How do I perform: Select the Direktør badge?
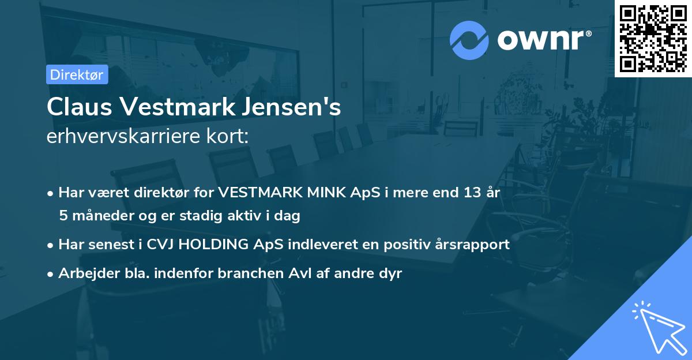point(76,74)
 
